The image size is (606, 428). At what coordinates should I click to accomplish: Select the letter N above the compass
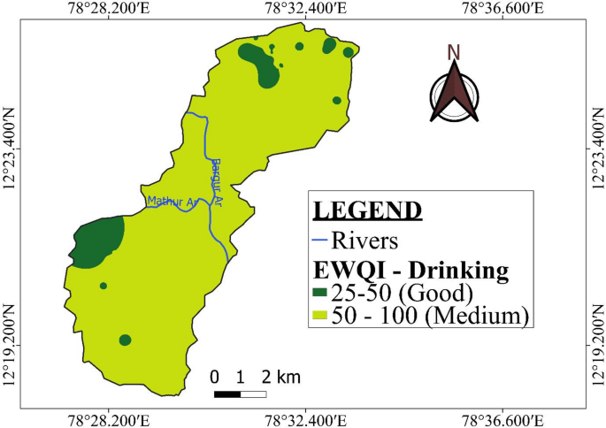(454, 52)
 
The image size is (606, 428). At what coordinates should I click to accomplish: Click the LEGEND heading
(367, 210)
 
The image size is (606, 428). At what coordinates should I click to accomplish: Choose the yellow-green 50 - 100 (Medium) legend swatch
(319, 314)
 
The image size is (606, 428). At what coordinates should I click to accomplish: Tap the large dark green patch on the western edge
(98, 241)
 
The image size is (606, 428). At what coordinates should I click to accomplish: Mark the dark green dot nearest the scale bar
(125, 340)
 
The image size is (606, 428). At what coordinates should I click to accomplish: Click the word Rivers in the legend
(364, 240)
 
